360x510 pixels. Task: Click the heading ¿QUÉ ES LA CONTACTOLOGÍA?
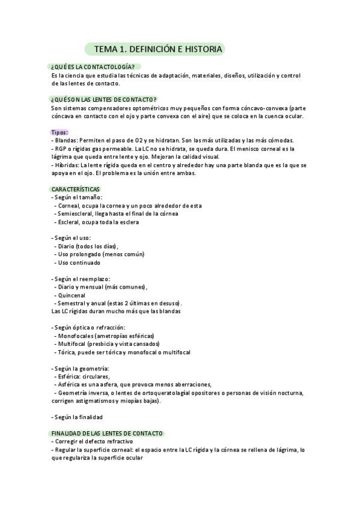click(93, 67)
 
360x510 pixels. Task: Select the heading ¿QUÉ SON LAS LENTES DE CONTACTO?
click(103, 99)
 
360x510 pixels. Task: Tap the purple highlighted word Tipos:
click(60, 132)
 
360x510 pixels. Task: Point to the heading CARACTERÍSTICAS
click(76, 189)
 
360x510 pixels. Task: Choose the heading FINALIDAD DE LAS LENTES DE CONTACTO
click(108, 433)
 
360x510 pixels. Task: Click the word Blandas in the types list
click(66, 140)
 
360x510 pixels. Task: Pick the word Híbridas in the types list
click(66, 165)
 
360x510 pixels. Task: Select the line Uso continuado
click(79, 262)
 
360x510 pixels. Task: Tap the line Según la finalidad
click(79, 417)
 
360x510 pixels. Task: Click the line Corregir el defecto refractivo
click(94, 441)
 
